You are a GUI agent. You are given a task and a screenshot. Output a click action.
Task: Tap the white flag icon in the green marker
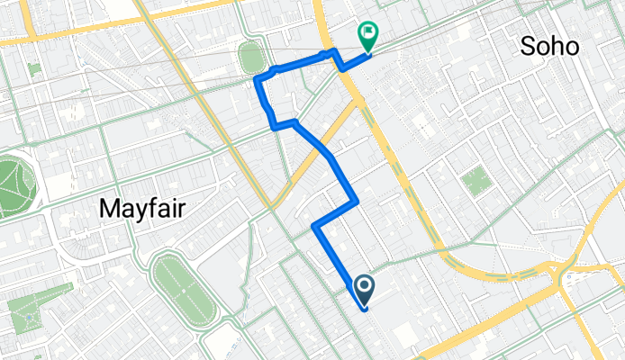368,34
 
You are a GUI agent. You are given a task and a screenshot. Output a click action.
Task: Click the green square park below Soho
476,183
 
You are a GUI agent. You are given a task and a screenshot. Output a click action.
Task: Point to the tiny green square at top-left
34,68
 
